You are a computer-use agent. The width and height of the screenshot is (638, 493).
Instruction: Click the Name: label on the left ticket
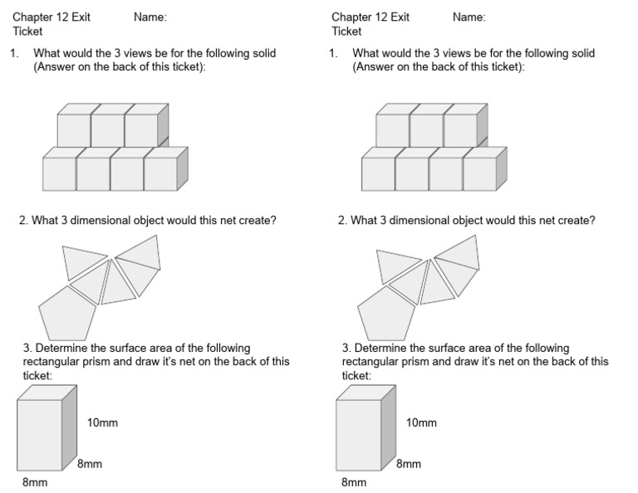coord(150,17)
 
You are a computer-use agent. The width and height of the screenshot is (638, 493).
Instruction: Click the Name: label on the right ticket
coord(469,17)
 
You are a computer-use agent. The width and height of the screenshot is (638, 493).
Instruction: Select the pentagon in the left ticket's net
coord(67,313)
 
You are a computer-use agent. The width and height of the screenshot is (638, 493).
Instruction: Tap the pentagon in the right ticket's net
coord(386,313)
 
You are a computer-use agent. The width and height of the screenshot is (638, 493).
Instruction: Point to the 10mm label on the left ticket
coord(102,422)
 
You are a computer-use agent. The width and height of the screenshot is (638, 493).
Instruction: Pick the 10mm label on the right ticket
coord(421,422)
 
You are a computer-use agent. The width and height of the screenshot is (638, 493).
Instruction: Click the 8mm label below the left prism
coord(36,481)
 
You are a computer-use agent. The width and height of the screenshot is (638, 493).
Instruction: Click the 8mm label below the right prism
coord(354,481)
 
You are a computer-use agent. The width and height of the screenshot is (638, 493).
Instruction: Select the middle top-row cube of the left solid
coord(107,130)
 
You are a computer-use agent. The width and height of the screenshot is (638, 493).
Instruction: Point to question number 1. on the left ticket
coord(14,53)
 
